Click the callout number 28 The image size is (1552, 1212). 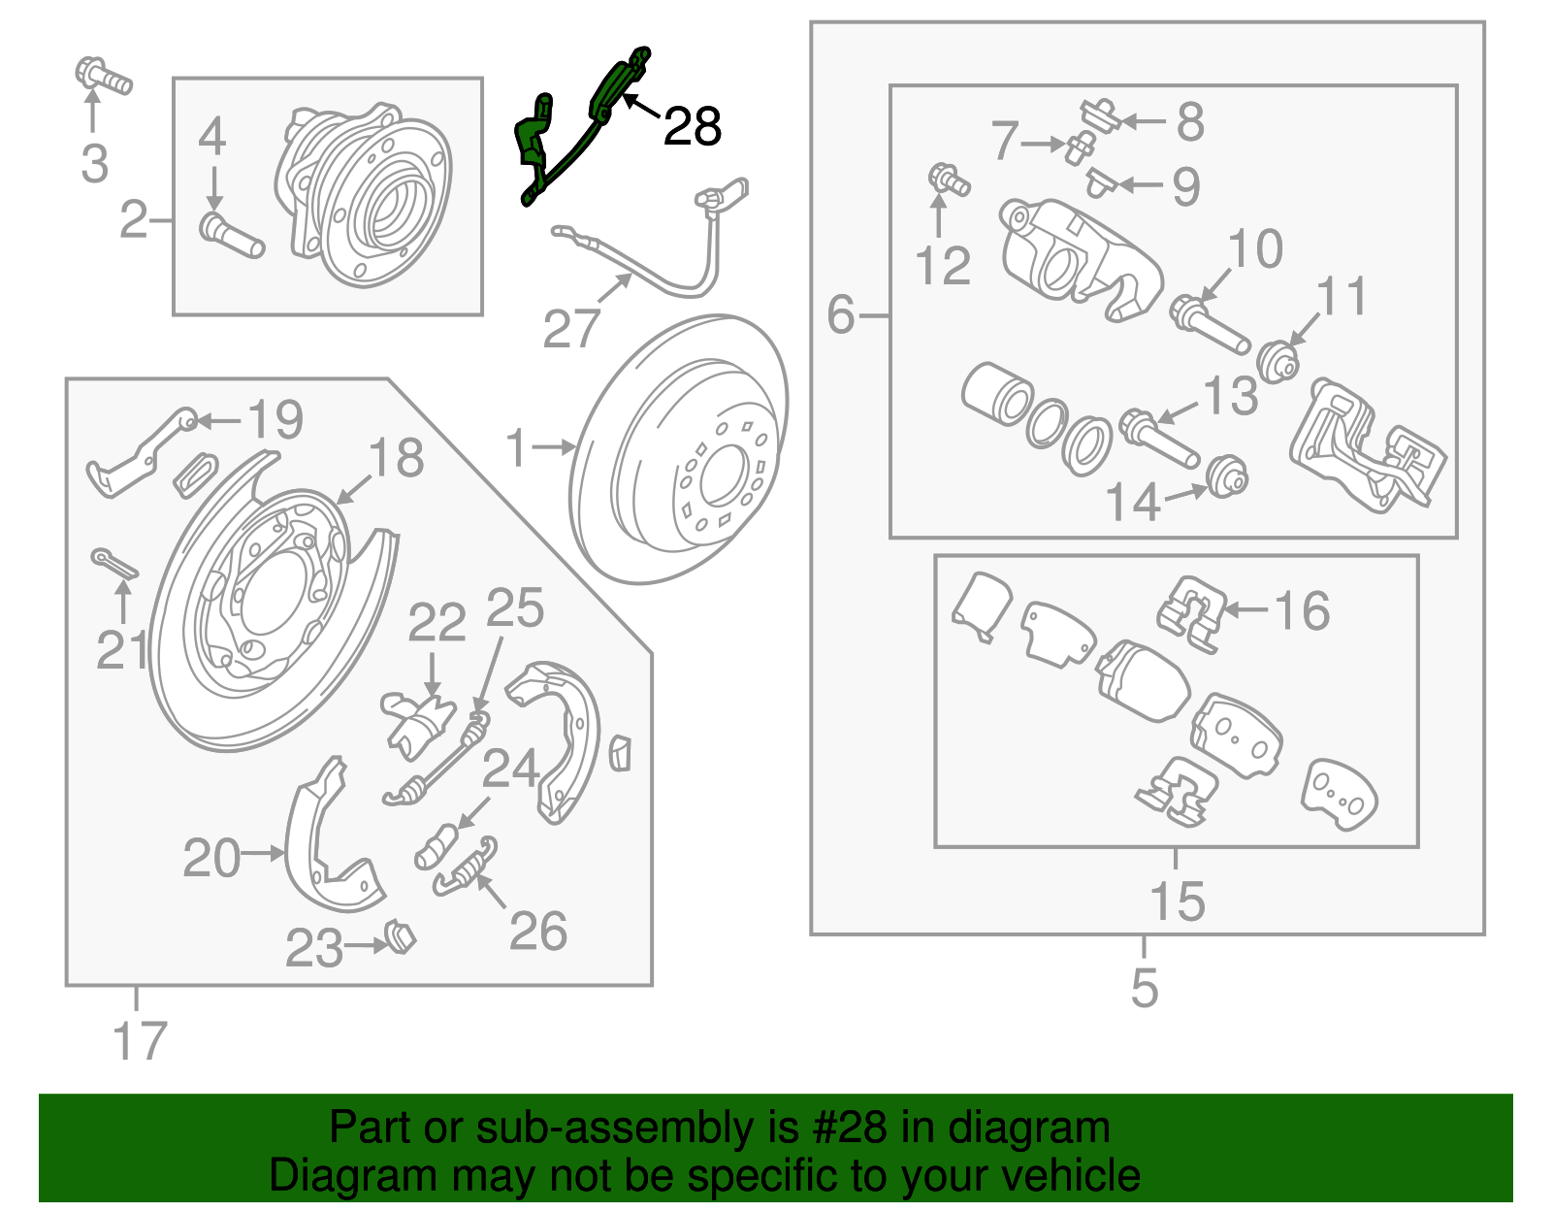pyautogui.click(x=692, y=127)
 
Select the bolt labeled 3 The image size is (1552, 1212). pyautogui.click(x=102, y=77)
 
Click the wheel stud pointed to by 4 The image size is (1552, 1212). pyautogui.click(x=232, y=236)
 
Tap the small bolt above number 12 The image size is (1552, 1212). pyautogui.click(x=948, y=180)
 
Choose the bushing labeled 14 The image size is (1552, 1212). pyautogui.click(x=1228, y=476)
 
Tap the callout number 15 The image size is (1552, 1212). pyautogui.click(x=1177, y=901)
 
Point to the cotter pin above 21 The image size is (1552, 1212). pyautogui.click(x=114, y=564)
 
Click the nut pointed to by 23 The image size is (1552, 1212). pyautogui.click(x=400, y=937)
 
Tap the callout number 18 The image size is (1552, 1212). pyautogui.click(x=396, y=458)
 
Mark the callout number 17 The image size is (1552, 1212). pyautogui.click(x=140, y=1041)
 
